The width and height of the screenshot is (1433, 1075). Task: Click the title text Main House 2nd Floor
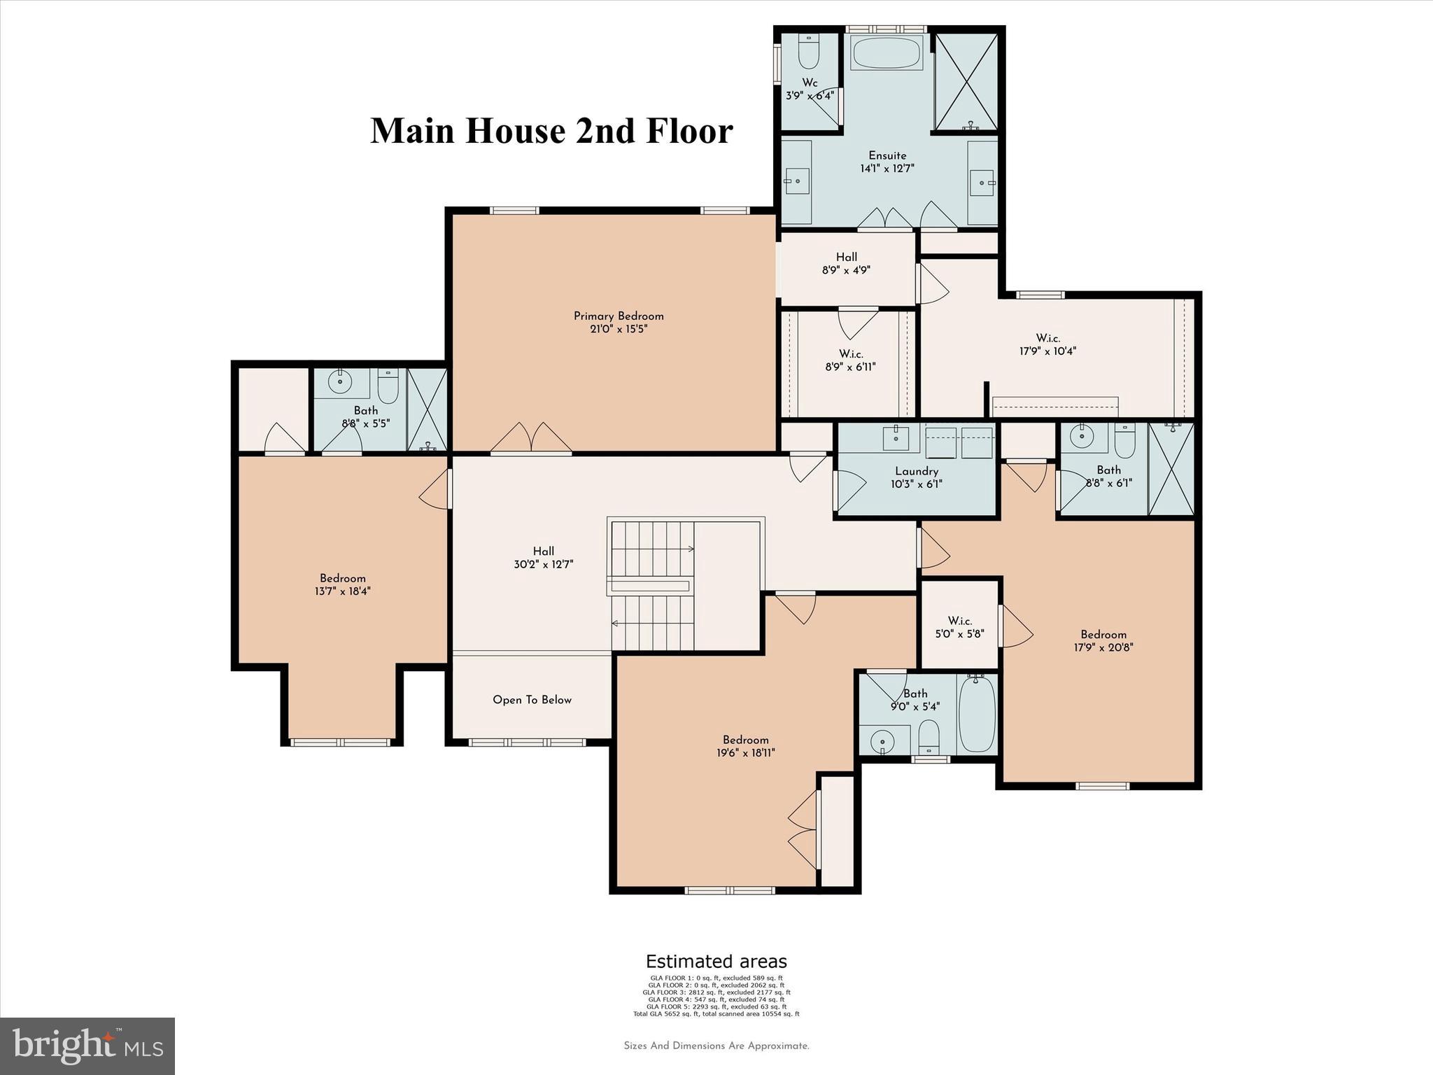551,131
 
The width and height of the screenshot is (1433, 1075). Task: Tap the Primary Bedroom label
619,316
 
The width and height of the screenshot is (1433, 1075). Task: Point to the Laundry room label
917,471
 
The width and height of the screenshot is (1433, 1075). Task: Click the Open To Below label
532,700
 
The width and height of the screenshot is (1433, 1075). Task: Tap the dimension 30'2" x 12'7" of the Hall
544,564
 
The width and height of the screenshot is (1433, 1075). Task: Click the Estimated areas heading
716,962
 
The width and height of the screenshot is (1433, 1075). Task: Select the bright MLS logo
87,1046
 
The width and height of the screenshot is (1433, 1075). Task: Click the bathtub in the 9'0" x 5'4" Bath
977,715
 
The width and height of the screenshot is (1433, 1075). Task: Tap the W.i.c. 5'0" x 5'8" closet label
960,627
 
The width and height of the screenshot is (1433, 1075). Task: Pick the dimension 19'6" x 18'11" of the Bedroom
745,753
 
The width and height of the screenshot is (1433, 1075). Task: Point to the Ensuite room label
887,155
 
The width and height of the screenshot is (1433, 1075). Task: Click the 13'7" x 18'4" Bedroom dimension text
343,591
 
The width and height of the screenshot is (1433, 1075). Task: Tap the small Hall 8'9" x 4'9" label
847,263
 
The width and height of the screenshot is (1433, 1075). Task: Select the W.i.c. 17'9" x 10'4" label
1047,344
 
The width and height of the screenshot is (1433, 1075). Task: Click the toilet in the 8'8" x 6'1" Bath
1124,440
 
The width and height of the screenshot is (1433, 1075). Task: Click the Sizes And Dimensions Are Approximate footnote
716,1046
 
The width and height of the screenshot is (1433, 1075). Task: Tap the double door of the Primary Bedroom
532,439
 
